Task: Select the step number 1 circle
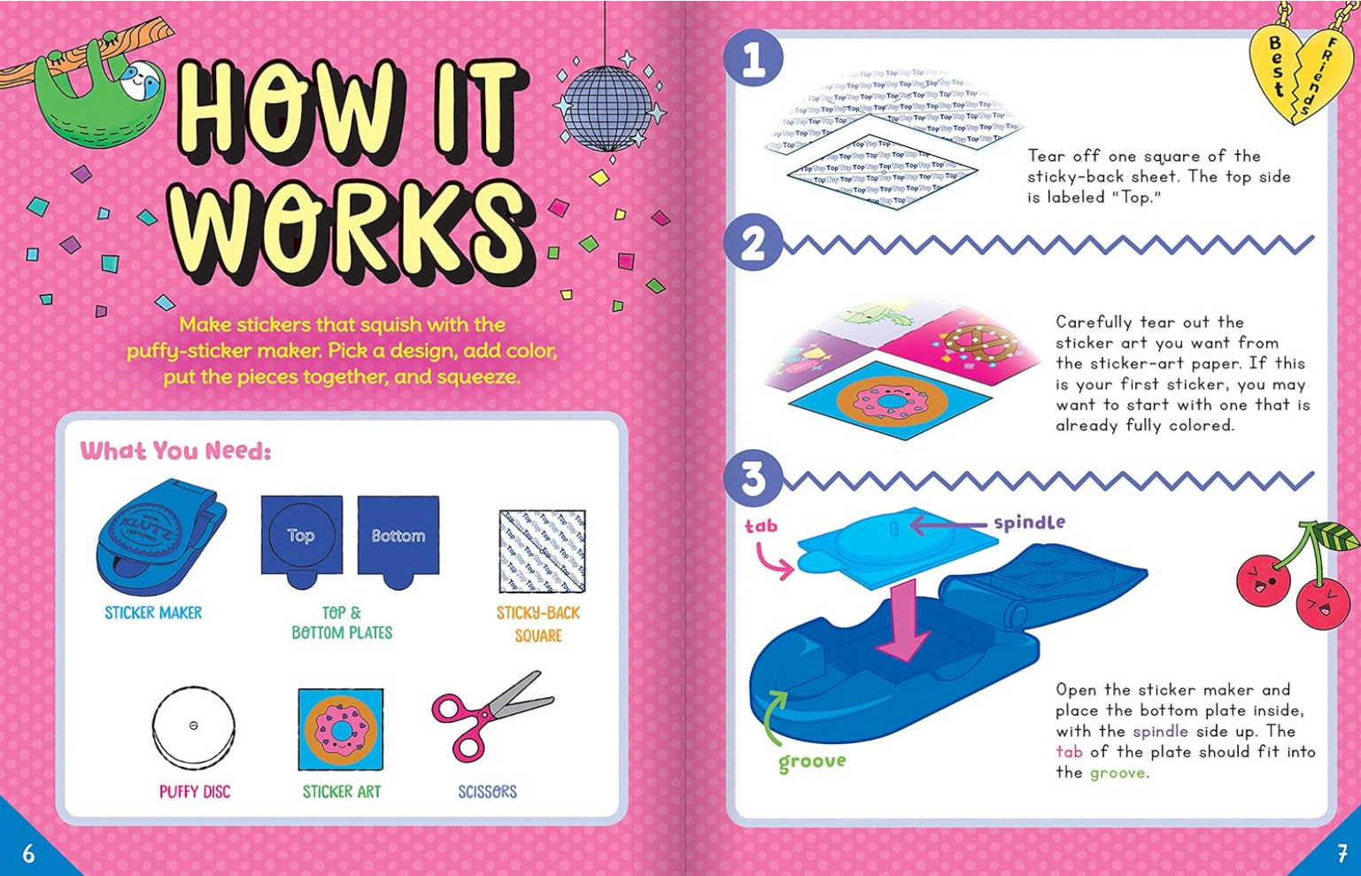tap(754, 60)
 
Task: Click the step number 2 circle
tap(754, 244)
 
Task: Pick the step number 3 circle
tap(754, 479)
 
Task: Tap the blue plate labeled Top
tap(301, 539)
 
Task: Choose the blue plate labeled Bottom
tap(398, 539)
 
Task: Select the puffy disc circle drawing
tap(194, 727)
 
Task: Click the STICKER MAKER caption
tap(153, 613)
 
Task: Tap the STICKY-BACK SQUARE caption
tap(538, 624)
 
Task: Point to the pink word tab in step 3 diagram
tap(761, 526)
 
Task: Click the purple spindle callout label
tap(1029, 523)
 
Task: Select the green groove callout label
tap(812, 762)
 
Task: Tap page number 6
tap(28, 853)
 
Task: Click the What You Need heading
tap(175, 451)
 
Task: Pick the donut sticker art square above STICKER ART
tap(341, 730)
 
